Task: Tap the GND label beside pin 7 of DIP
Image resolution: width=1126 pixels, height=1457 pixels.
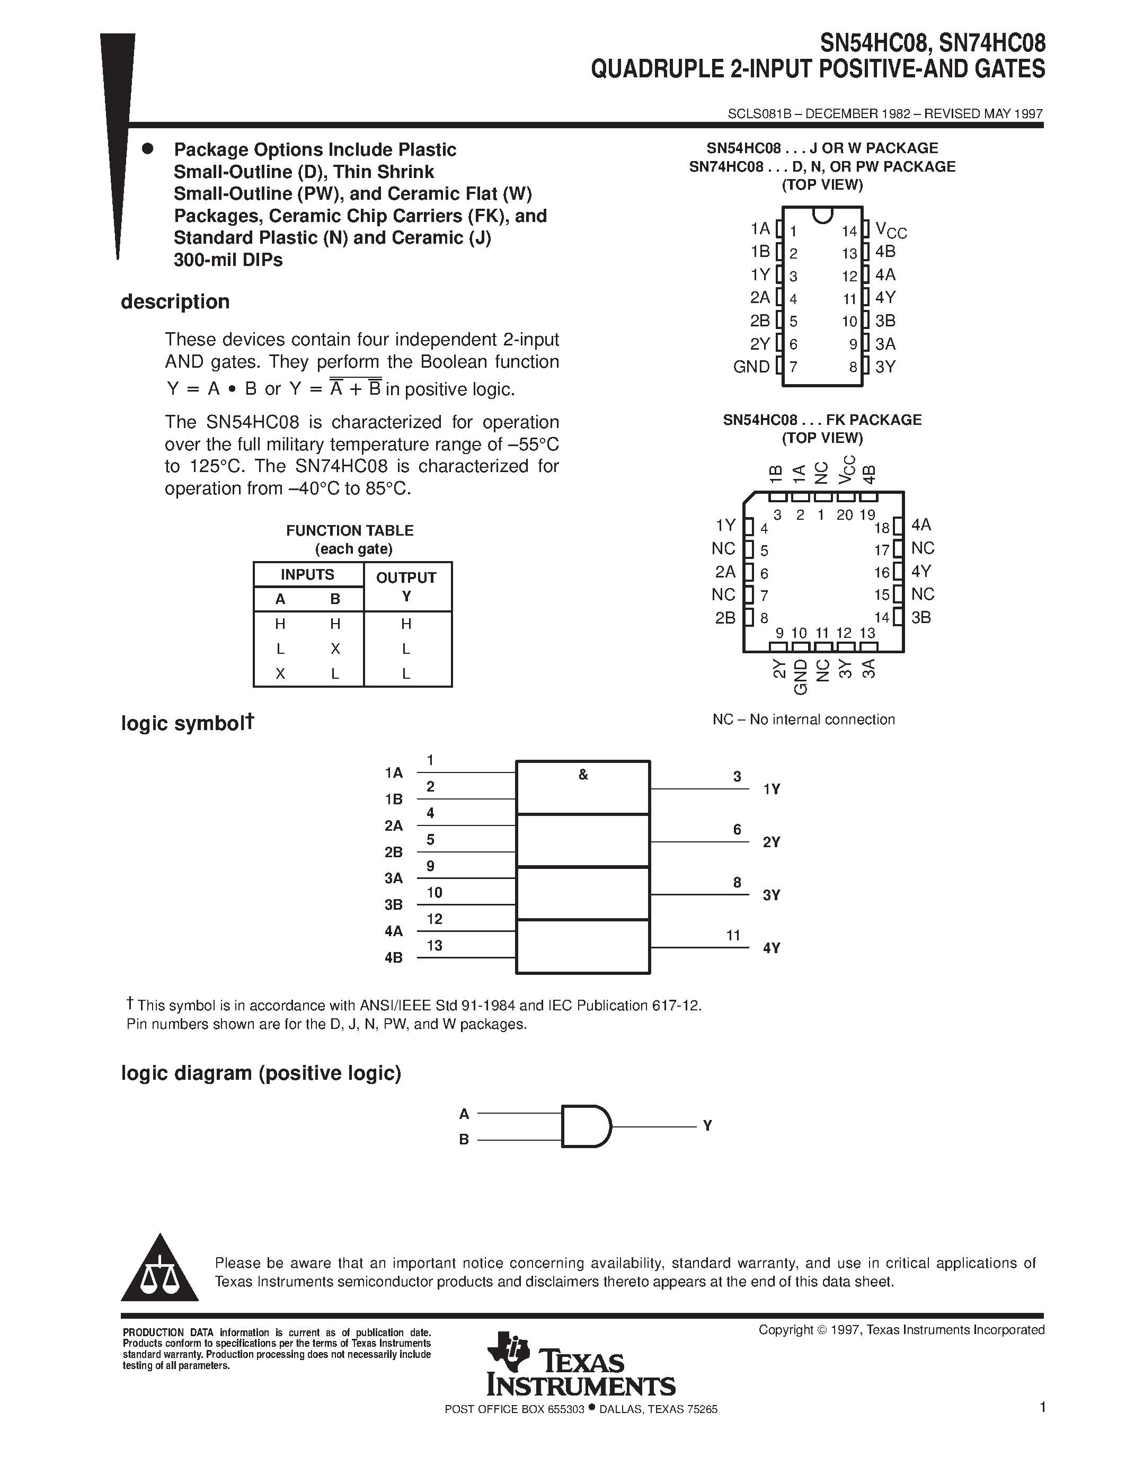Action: coord(751,367)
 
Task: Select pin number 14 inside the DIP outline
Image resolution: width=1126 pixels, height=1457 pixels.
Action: coord(848,232)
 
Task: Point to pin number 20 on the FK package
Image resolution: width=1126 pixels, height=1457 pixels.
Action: coord(845,515)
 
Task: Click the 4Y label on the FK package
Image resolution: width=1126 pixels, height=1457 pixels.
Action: coord(921,571)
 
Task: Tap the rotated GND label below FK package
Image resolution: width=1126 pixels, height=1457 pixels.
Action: coord(801,677)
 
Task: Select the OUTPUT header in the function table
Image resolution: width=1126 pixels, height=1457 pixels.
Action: coord(406,578)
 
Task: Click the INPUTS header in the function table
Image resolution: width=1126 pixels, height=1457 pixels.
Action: coord(307,575)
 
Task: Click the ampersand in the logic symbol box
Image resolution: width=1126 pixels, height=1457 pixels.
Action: coord(583,775)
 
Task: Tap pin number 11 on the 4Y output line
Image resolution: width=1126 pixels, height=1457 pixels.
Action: coord(734,936)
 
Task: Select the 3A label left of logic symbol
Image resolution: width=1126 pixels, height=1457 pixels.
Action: coord(394,878)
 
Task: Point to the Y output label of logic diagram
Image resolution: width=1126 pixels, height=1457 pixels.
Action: coord(708,1126)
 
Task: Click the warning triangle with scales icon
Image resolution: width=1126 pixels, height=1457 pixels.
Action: coord(159,1271)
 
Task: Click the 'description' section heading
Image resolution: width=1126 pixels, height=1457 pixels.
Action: coord(175,301)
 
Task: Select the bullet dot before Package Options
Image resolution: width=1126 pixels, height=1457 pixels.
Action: coord(147,149)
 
